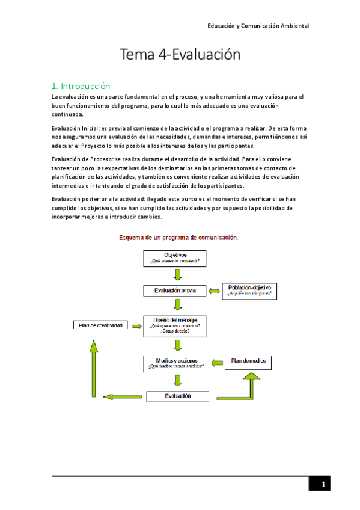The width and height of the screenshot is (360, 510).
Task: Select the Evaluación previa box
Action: pos(175,291)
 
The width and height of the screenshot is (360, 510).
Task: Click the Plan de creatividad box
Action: pos(101,325)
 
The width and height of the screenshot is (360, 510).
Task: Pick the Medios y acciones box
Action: pos(175,362)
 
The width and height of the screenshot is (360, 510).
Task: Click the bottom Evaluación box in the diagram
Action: pos(177,396)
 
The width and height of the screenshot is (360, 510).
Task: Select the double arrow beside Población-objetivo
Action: pos(214,291)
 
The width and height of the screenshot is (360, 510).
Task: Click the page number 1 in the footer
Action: pos(322,485)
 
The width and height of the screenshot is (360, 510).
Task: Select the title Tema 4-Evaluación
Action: pos(180,55)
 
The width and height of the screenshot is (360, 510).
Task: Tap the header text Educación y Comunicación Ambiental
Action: pos(258,26)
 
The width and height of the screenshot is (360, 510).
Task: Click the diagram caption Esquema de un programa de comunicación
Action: pos(178,238)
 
